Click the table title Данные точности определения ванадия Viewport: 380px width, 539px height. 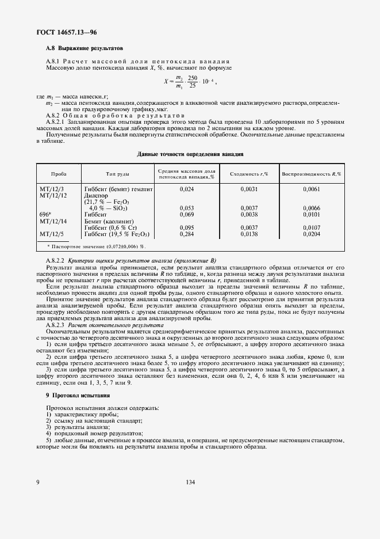tap(190, 154)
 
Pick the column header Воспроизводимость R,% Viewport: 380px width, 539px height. tap(311, 173)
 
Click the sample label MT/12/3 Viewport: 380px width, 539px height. tap(52, 189)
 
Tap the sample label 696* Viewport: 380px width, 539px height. tap(45, 214)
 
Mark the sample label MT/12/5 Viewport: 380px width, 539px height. tap(52, 234)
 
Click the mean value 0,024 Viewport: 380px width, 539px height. tap(187, 189)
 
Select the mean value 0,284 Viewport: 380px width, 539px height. tap(187, 234)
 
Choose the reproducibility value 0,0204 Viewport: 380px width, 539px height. tap(311, 234)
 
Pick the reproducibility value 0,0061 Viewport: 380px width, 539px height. tap(311, 189)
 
